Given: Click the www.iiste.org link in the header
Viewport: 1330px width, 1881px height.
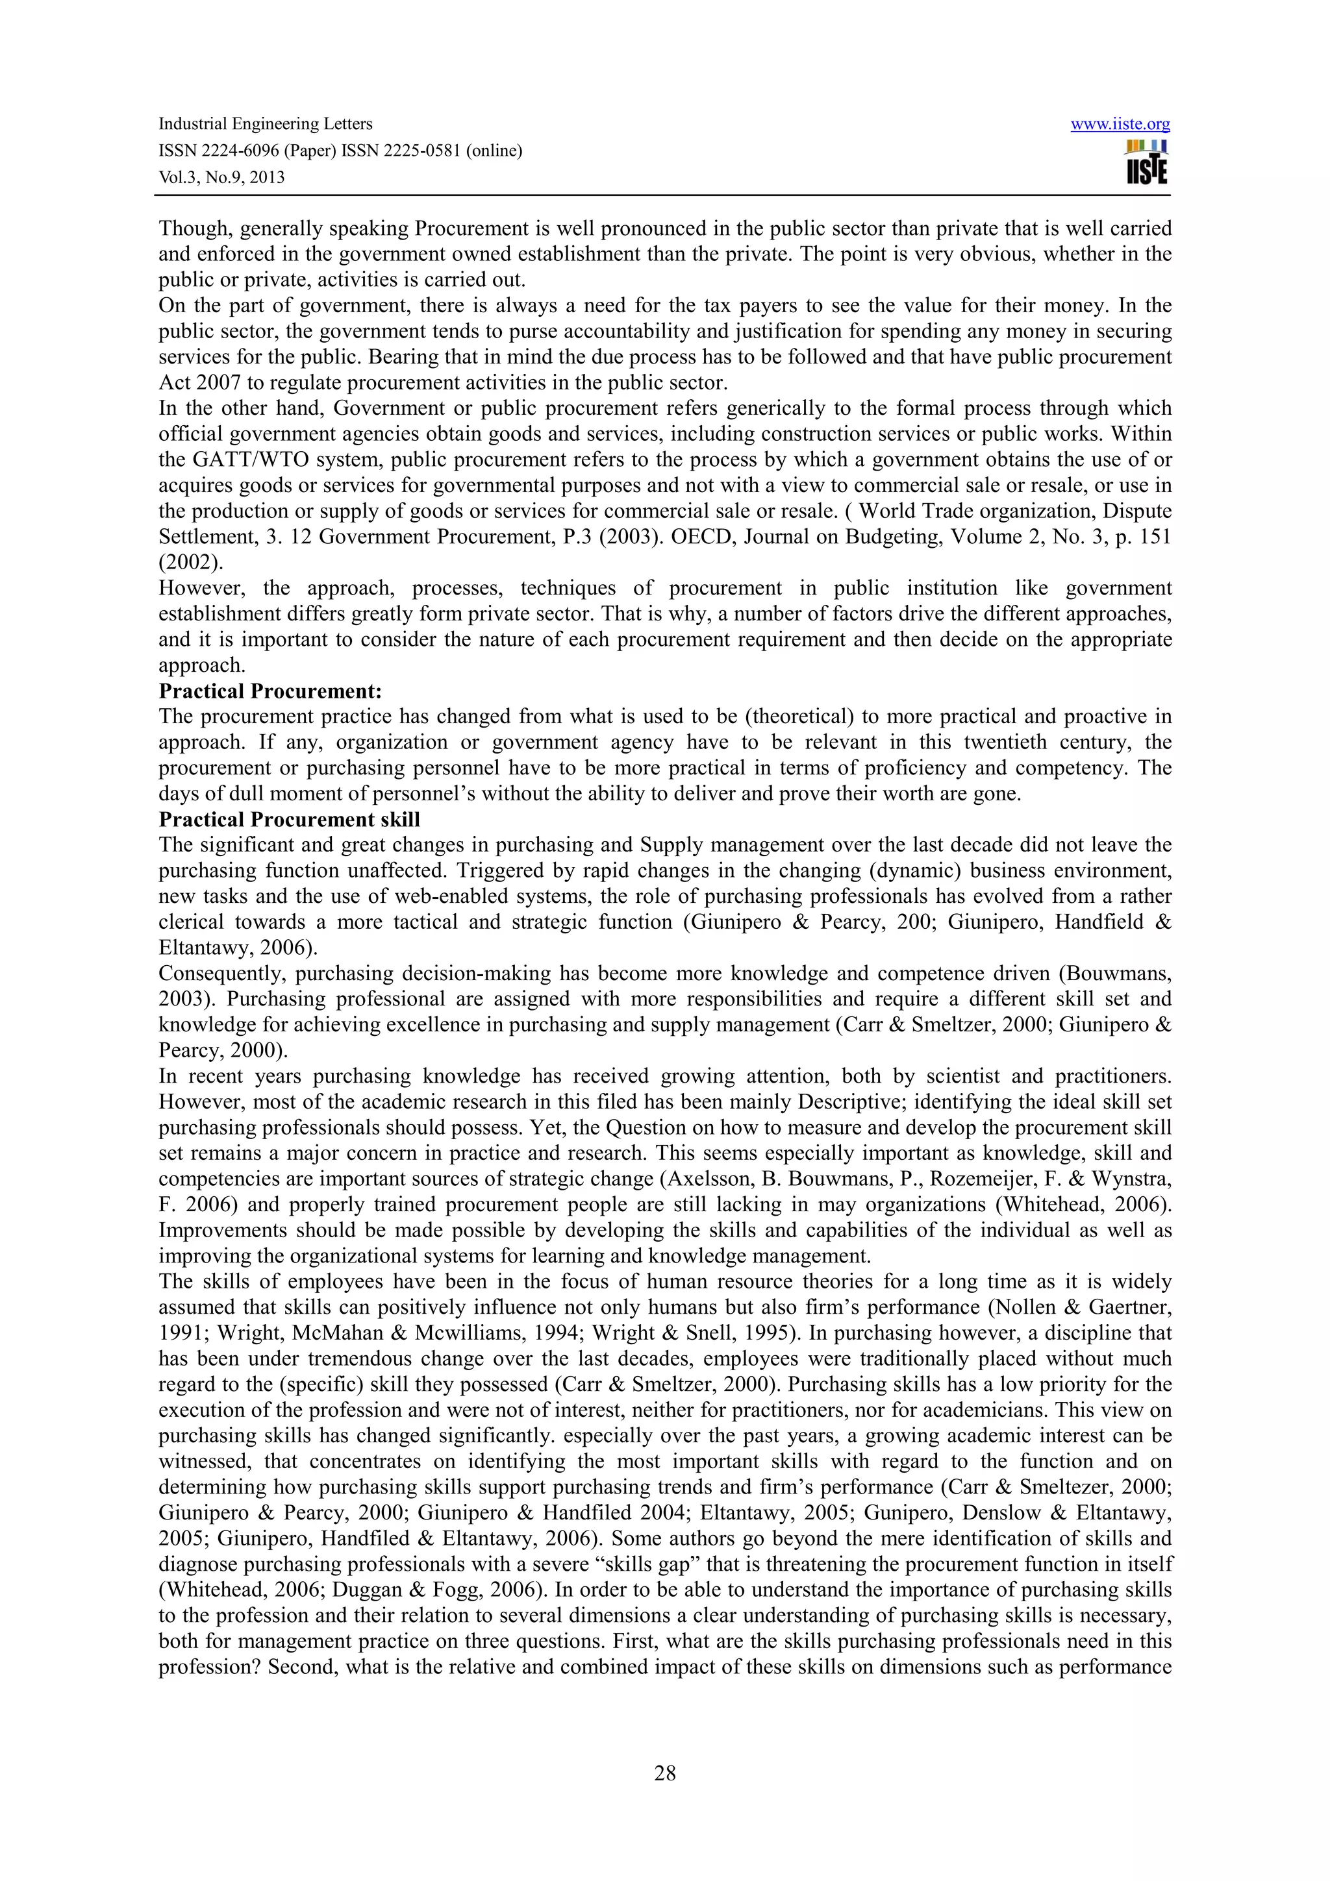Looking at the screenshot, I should click(1120, 125).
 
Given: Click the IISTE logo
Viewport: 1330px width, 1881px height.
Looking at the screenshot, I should click(1146, 162).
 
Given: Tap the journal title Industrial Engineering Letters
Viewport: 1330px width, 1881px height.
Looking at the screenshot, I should click(265, 124).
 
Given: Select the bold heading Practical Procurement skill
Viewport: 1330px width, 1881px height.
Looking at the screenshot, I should click(289, 819).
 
